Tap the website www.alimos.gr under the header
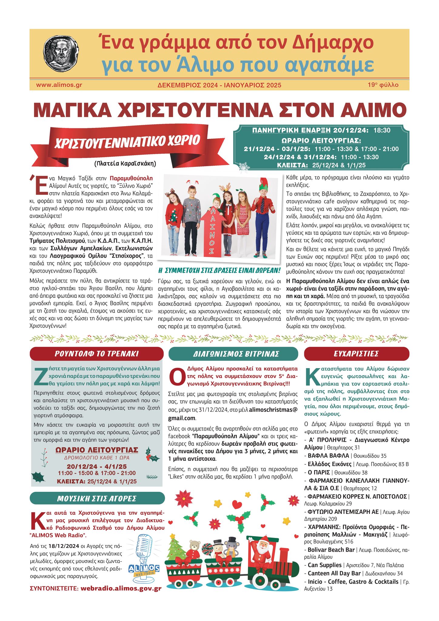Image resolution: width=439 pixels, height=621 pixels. [59, 85]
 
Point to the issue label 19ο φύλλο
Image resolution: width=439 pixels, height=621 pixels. [383, 85]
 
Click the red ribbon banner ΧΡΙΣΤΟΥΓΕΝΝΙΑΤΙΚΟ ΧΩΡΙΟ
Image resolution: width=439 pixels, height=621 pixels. [127, 141]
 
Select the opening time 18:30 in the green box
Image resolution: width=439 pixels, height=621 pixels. [382, 130]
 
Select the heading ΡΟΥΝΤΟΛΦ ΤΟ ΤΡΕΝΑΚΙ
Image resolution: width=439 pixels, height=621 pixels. [96, 354]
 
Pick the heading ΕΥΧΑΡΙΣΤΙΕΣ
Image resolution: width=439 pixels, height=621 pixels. [356, 354]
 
